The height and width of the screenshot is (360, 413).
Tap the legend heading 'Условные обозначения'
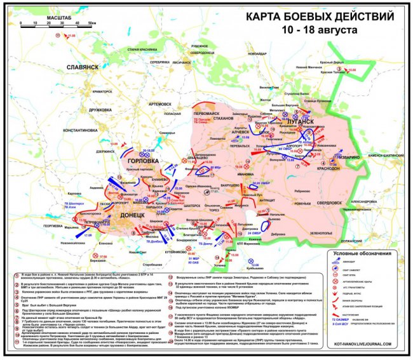click(360, 254)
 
